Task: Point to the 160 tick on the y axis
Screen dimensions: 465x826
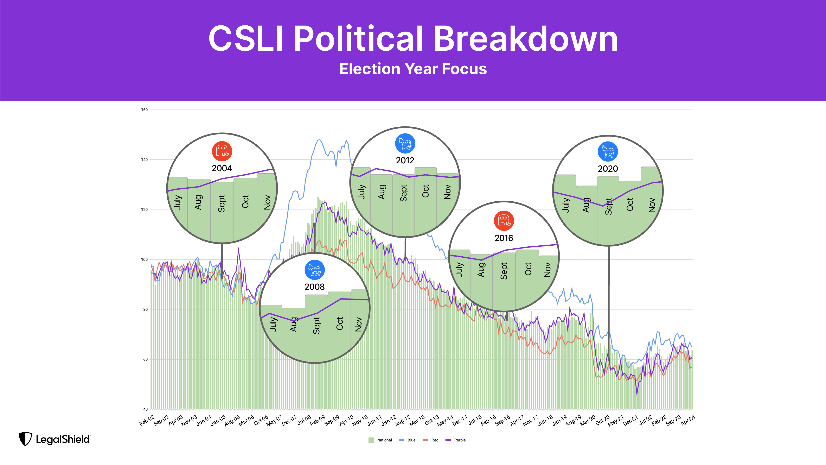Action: [144, 110]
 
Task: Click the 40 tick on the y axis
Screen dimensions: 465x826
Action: [145, 409]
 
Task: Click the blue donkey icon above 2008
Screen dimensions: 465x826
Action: [315, 270]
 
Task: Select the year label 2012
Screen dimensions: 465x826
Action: [405, 161]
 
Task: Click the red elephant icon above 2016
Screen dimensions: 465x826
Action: [504, 221]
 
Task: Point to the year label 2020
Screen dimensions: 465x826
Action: [608, 169]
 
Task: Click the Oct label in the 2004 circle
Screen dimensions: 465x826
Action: [245, 202]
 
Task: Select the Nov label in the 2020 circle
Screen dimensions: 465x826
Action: [652, 205]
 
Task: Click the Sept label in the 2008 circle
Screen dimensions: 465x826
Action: [316, 325]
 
